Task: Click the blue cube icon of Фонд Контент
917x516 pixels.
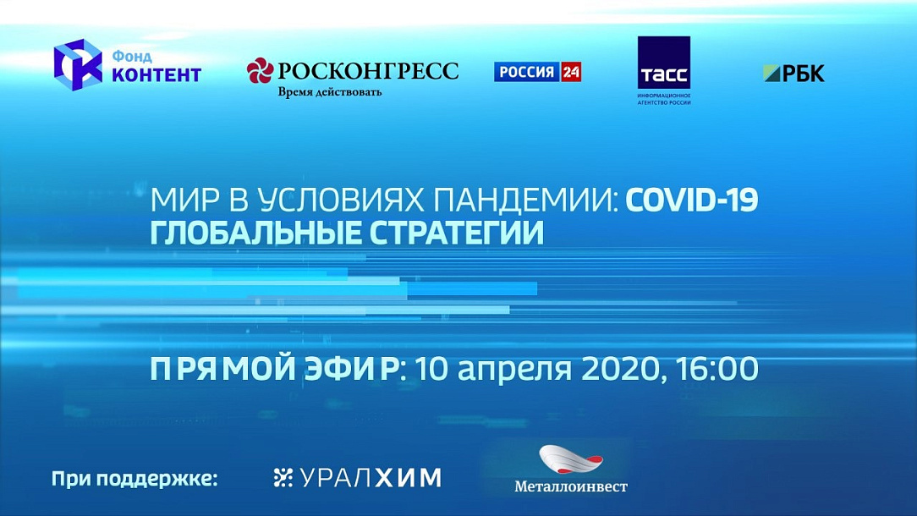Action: [x=78, y=65]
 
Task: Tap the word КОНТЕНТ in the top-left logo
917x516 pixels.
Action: [x=156, y=75]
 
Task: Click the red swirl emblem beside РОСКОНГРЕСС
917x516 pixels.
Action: [x=260, y=71]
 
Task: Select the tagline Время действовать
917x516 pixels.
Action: [x=329, y=92]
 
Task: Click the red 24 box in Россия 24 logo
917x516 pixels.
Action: [x=570, y=72]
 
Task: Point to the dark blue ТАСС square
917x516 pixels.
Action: [x=664, y=63]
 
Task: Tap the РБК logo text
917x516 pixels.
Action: [x=803, y=73]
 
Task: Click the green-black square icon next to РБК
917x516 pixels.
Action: [x=772, y=74]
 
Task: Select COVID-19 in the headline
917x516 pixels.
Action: [x=692, y=200]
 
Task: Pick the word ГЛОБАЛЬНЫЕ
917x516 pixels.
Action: [x=255, y=233]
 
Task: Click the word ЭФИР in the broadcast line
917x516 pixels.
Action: [x=351, y=369]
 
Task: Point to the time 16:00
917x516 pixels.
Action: [x=717, y=369]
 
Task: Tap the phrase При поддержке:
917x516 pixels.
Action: [x=135, y=479]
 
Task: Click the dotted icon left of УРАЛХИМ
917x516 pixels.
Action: [x=283, y=478]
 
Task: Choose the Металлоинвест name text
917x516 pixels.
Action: [x=571, y=486]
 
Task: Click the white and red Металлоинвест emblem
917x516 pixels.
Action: [x=570, y=459]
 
